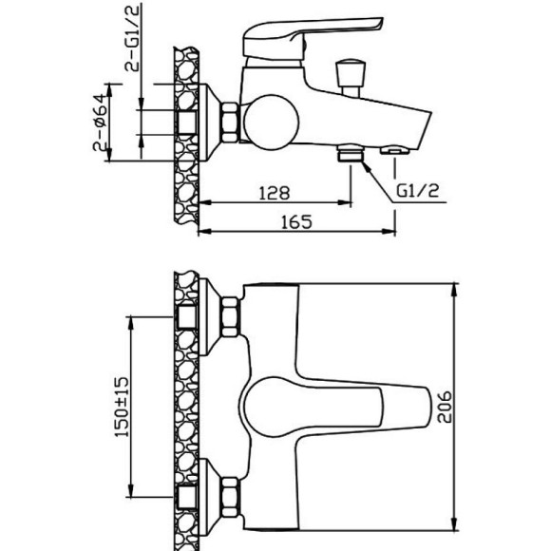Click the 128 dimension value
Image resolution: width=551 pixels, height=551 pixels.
click(275, 193)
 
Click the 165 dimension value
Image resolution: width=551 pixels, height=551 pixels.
click(296, 221)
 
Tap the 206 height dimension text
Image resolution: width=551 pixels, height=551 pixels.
click(445, 407)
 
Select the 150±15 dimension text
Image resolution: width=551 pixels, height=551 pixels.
click(122, 407)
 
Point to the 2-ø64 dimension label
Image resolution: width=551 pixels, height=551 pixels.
click(100, 123)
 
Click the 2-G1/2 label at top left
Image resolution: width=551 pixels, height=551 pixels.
click(132, 37)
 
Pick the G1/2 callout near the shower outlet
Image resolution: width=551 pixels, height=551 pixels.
click(418, 191)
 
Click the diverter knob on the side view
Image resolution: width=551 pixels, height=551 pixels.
click(351, 78)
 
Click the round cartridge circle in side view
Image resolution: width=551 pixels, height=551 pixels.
click(271, 123)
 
